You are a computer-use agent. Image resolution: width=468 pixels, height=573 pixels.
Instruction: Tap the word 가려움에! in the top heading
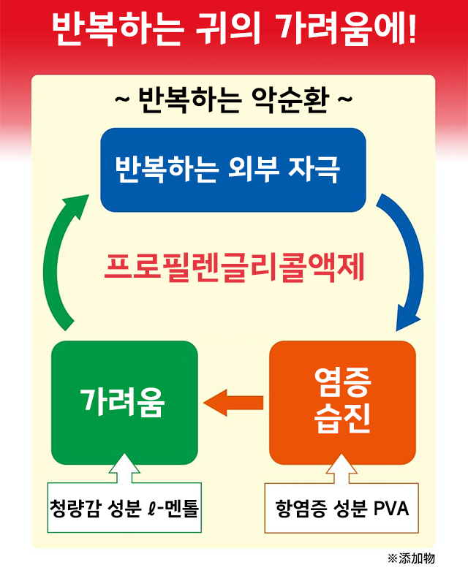click(x=347, y=29)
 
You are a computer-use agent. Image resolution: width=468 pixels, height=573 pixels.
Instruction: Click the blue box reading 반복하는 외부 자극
click(x=233, y=170)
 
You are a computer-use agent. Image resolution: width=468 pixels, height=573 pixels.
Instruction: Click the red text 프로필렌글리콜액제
click(x=234, y=267)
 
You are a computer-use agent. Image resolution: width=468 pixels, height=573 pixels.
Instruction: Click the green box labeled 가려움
click(x=124, y=403)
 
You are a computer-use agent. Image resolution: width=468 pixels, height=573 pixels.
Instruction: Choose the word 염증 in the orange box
click(x=342, y=382)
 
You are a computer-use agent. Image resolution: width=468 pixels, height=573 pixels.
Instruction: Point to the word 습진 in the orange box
click(x=342, y=418)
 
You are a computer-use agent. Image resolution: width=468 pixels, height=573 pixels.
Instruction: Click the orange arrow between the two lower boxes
click(x=233, y=403)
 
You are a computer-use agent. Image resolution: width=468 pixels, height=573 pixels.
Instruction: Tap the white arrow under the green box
click(x=124, y=469)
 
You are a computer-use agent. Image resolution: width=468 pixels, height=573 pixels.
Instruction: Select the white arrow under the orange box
click(x=342, y=469)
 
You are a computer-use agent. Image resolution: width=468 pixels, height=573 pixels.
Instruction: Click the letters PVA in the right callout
click(x=390, y=509)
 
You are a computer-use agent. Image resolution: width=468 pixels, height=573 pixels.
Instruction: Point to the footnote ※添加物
click(x=411, y=558)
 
